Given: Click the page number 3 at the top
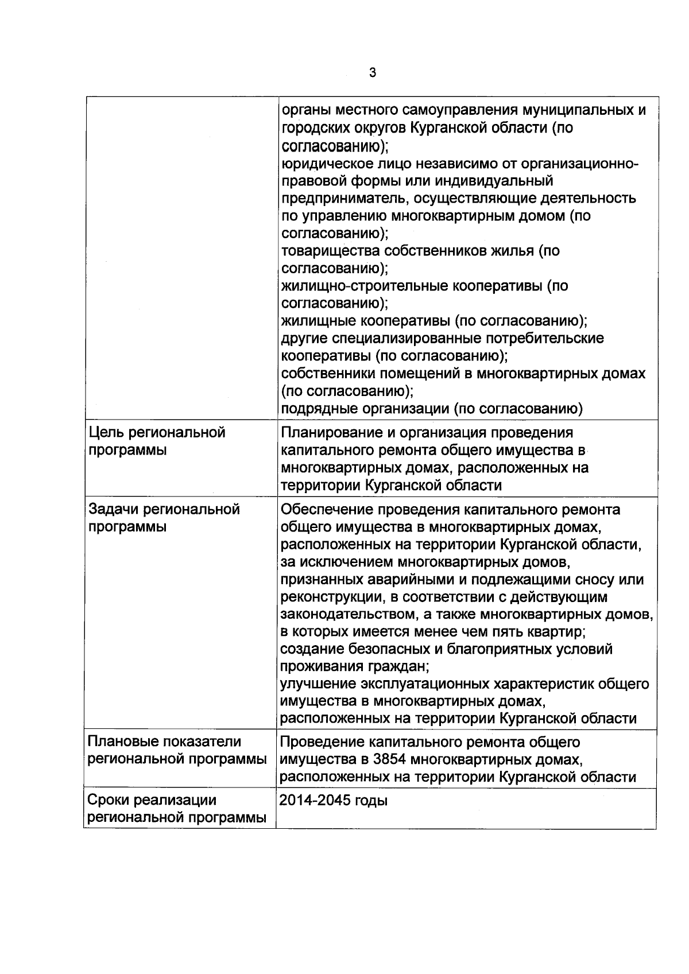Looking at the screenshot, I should (x=372, y=73).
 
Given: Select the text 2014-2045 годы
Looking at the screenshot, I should (x=333, y=800).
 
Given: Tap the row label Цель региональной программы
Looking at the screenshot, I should (x=156, y=441).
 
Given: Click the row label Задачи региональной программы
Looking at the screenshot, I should (x=164, y=518).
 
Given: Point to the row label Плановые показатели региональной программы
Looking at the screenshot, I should (x=177, y=751).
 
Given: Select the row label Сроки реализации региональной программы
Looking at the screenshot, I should (x=177, y=809).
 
